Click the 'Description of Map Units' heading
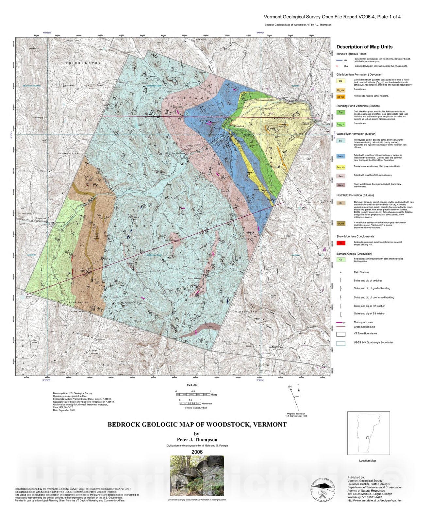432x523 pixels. pos(364,47)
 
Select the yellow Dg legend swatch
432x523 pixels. pos(341,81)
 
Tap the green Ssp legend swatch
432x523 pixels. pos(341,112)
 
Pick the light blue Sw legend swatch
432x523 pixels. pos(341,141)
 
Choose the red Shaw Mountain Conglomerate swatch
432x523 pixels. pos(341,243)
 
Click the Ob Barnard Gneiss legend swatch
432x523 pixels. pos(341,260)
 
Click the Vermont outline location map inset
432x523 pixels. pos(368,433)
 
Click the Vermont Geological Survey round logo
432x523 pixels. pos(323,489)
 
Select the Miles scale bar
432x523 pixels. pos(193,395)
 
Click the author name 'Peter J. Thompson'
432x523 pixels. pos(197,440)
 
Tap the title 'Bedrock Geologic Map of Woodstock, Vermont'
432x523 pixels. pos(197,425)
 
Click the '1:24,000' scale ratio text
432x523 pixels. pos(192,385)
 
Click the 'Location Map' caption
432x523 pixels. pos(367,461)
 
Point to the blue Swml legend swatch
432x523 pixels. pos(341,156)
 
